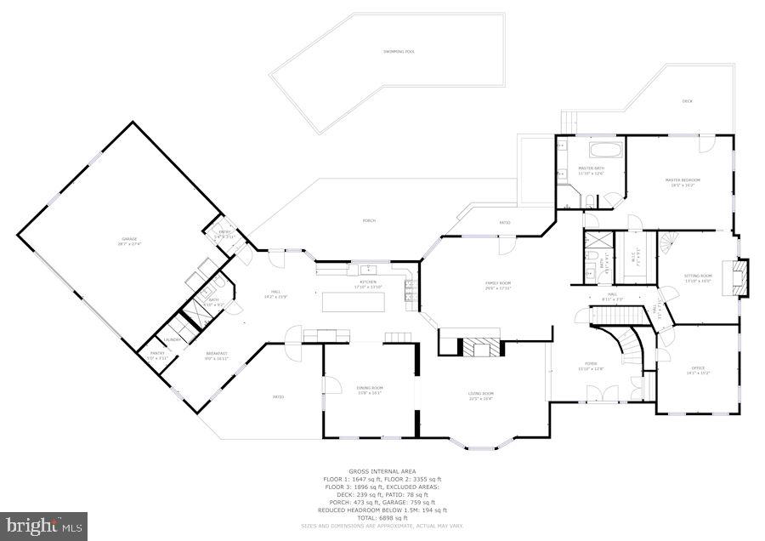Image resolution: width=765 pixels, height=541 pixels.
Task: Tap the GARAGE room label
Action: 129,241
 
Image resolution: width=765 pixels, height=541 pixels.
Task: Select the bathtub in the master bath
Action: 605,153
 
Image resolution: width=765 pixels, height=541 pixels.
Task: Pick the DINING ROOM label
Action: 370,390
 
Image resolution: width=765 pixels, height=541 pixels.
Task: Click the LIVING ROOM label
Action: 481,395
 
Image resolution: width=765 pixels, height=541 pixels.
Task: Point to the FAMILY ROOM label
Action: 497,285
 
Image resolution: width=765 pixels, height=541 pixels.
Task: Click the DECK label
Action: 687,101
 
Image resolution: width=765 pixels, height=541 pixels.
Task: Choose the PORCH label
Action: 369,220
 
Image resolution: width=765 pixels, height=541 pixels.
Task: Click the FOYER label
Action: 592,366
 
